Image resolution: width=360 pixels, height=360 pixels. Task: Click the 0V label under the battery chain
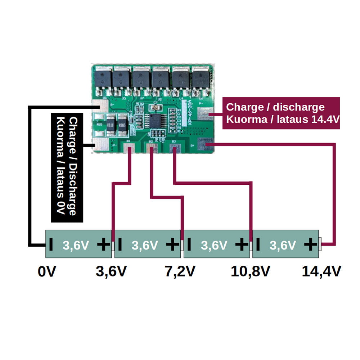pyautogui.click(x=47, y=271)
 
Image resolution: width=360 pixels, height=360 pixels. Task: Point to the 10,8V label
pyautogui.click(x=250, y=271)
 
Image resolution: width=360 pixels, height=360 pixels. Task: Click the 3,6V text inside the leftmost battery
pyautogui.click(x=76, y=246)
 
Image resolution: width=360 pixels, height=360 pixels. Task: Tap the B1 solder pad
pyautogui.click(x=129, y=147)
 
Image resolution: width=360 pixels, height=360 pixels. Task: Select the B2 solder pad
pyautogui.click(x=152, y=147)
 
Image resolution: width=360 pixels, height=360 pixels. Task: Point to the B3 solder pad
pyautogui.click(x=174, y=147)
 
